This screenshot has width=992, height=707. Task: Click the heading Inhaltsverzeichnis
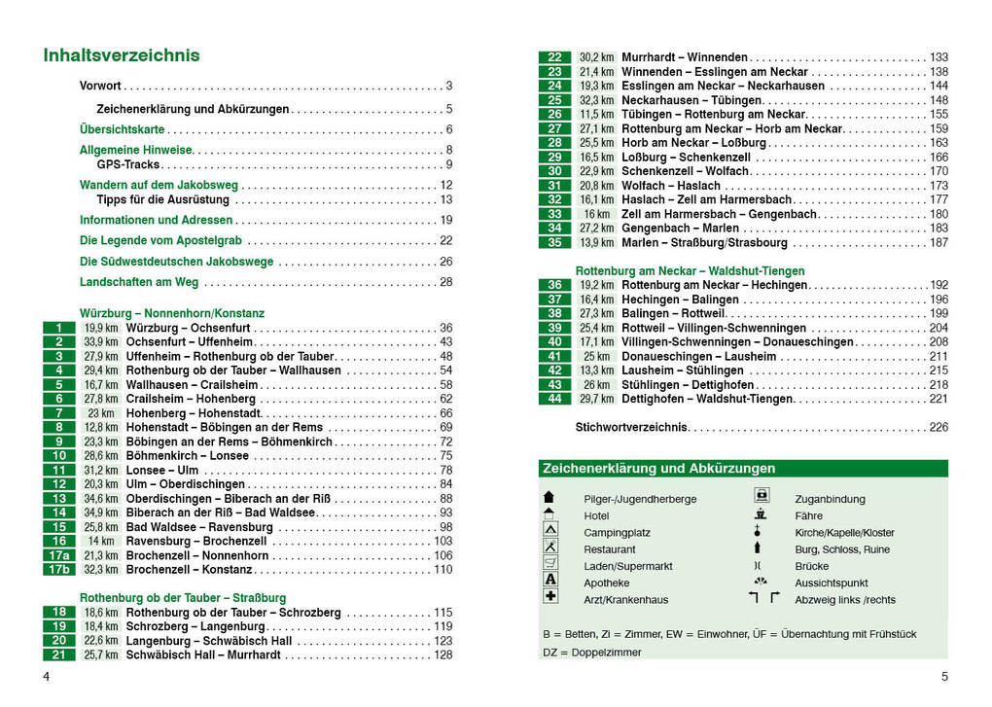(122, 55)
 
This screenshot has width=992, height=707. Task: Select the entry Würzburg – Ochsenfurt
(189, 329)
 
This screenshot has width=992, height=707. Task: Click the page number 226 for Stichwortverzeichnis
(939, 427)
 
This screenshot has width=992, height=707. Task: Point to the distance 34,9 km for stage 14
(100, 513)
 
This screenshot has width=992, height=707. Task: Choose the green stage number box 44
(554, 399)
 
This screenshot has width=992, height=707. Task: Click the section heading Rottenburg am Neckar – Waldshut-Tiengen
(690, 270)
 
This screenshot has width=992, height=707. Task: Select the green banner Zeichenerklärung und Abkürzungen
(743, 469)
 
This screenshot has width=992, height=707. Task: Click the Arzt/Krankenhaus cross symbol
(550, 596)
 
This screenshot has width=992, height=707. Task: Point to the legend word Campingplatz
(617, 533)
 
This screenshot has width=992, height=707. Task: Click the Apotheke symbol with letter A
(550, 580)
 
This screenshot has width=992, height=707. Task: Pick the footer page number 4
(46, 677)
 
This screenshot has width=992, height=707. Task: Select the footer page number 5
(944, 677)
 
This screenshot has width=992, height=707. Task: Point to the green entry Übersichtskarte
(123, 129)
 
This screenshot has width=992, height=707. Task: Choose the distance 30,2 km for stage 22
(596, 57)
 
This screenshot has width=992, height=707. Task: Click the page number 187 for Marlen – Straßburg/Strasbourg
(939, 242)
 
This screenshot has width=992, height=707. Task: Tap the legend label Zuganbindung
(830, 499)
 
